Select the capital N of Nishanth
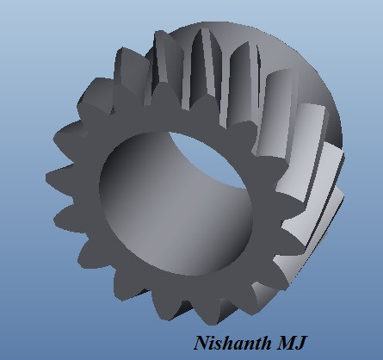coord(201,343)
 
